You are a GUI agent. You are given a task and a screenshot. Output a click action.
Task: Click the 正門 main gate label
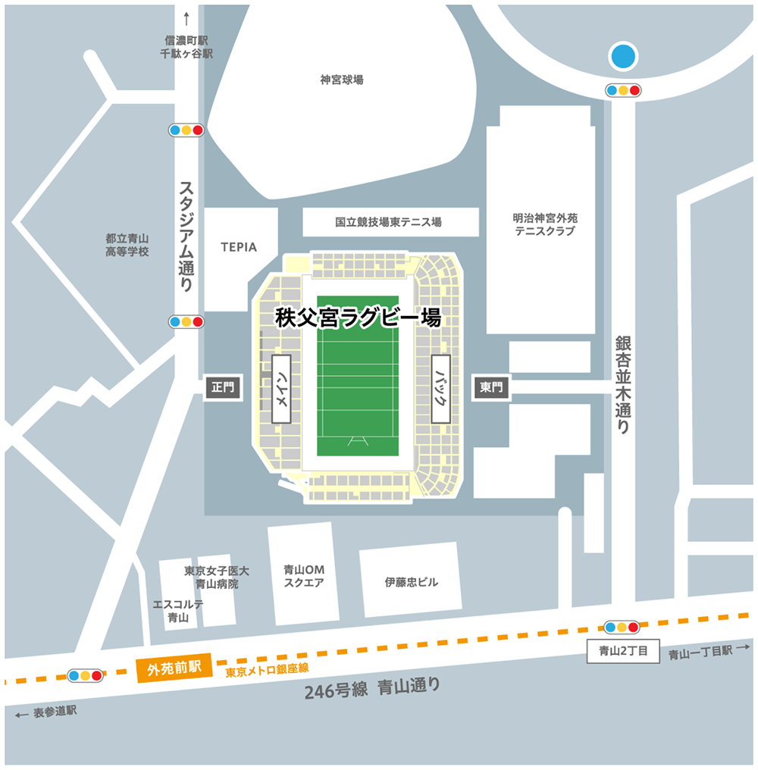[224, 387]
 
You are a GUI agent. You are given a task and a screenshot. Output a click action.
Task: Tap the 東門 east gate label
[491, 387]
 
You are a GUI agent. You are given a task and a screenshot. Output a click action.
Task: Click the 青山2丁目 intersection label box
[624, 651]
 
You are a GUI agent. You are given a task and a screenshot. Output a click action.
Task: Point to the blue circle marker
[624, 55]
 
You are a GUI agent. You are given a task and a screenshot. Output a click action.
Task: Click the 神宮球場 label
[341, 79]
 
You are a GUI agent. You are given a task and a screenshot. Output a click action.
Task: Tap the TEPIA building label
[239, 247]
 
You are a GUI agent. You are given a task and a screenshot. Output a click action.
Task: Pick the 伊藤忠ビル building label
[411, 582]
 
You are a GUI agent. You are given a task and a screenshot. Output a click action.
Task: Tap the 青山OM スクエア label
[303, 576]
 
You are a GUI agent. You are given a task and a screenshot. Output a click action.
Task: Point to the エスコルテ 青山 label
[178, 611]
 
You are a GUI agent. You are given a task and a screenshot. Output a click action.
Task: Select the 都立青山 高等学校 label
[127, 244]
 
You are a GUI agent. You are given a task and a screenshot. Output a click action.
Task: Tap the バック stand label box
[441, 388]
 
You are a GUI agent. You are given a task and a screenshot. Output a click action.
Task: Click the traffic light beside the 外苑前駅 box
[84, 675]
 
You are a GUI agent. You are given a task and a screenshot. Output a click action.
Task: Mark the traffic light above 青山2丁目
[622, 628]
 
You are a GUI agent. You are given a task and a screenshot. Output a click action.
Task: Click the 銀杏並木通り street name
[623, 385]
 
